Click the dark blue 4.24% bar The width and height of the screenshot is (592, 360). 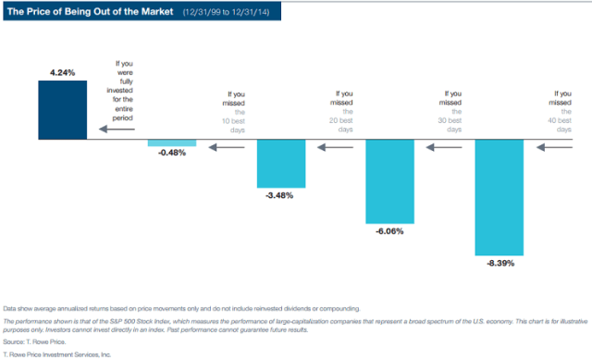point(63,110)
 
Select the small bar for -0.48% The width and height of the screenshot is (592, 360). point(172,143)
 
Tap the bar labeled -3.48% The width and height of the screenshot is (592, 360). point(281,162)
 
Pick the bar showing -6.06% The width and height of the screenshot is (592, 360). point(389,181)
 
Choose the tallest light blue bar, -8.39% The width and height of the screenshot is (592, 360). point(499,197)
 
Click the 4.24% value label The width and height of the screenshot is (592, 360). point(63,70)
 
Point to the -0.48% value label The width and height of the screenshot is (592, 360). point(172,153)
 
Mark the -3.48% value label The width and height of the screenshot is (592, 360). point(281,195)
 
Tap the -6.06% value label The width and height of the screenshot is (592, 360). point(389,233)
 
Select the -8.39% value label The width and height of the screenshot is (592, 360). point(499,264)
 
